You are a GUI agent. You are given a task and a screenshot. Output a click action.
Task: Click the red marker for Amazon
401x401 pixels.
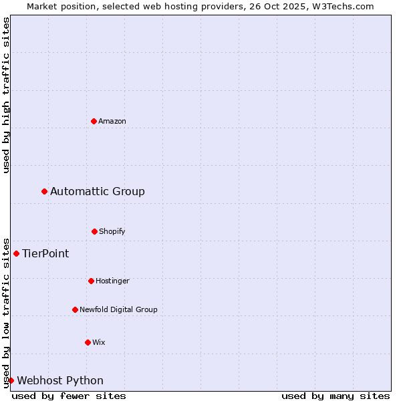94,121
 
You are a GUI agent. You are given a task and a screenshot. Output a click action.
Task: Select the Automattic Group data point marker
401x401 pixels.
45,192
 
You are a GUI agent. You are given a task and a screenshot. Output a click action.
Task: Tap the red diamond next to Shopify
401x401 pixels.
94,231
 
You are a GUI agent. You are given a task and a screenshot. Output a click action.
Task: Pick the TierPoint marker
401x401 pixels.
17,253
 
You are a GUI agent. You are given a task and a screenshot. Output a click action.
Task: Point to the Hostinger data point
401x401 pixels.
91,281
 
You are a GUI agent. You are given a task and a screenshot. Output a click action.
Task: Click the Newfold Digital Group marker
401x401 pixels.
75,309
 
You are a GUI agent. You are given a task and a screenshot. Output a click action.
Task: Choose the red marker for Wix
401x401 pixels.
88,342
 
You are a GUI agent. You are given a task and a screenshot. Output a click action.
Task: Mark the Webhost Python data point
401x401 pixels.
11,380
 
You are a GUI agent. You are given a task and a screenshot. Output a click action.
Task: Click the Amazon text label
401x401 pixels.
112,121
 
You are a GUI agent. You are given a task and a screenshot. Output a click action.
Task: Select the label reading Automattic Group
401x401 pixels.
98,192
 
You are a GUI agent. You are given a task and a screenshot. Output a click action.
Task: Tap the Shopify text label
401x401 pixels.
112,231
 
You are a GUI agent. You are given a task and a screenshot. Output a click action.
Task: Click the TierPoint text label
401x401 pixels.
45,253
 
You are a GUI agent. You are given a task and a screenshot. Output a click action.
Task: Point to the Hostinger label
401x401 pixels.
112,281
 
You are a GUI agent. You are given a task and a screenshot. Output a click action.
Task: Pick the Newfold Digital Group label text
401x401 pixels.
118,309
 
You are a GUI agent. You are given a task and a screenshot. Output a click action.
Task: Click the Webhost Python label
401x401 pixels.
60,380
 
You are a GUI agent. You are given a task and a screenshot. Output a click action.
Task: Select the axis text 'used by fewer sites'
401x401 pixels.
69,396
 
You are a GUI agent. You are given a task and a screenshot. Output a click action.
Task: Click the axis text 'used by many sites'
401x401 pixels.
336,396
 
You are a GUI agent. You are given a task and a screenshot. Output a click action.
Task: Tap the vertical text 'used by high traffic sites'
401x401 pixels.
6,95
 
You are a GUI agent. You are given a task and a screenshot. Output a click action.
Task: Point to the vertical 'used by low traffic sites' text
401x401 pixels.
6,312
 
